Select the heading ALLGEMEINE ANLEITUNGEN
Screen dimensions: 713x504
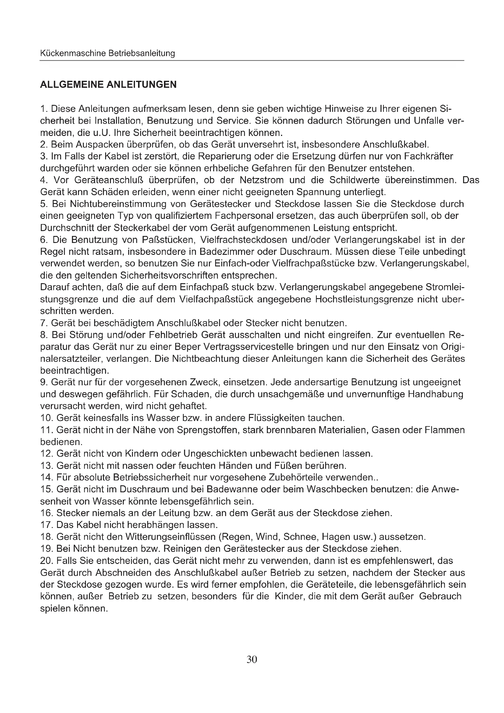[108, 84]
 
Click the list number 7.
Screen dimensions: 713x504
[43, 323]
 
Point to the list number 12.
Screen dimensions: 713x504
[46, 454]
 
